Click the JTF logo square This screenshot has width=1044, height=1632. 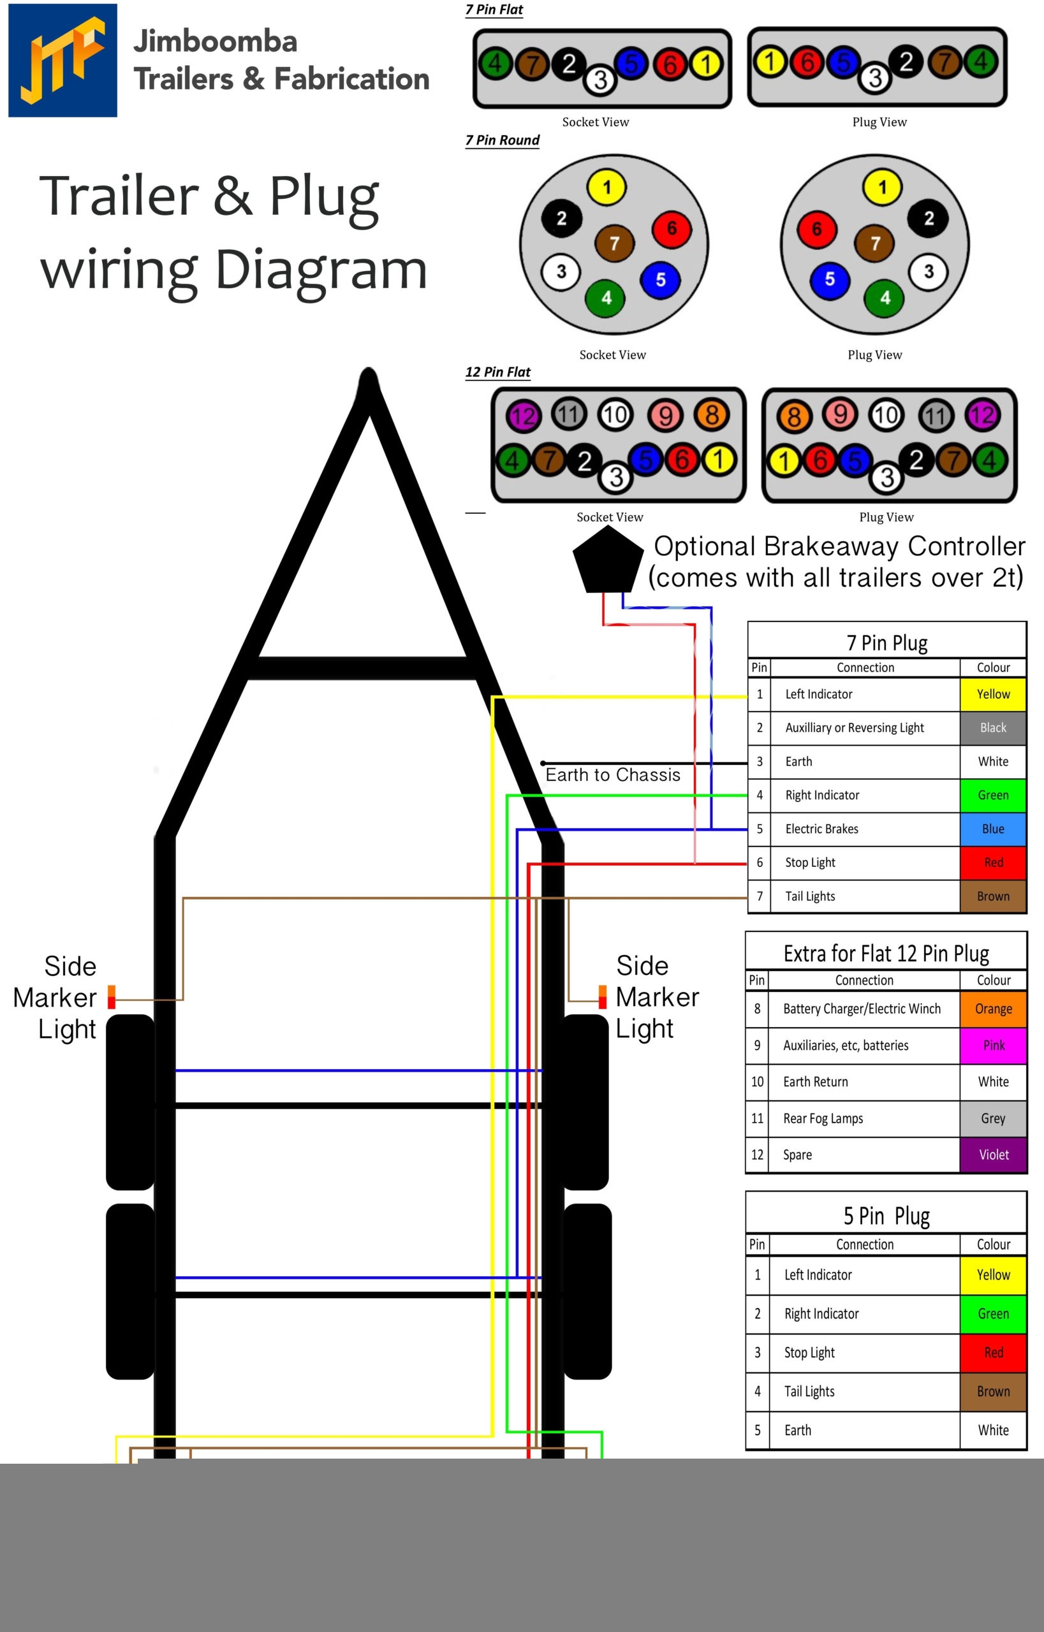62,61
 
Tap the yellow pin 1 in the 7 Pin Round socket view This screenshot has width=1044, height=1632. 607,187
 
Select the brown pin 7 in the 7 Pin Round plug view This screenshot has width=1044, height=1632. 874,244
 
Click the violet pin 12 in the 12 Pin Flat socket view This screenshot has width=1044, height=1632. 524,416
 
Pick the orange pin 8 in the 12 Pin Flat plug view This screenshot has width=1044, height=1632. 794,416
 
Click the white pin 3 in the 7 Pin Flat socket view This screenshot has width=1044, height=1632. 600,80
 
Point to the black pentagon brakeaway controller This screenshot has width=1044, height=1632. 607,560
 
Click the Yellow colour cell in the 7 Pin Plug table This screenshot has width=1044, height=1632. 992,694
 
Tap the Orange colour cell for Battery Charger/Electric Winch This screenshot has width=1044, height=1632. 992,1009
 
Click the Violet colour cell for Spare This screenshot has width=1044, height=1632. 992,1154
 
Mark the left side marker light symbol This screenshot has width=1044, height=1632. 112,997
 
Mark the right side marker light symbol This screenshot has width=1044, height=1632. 602,997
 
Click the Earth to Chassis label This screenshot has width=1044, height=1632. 613,775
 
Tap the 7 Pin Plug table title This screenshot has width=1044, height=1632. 886,643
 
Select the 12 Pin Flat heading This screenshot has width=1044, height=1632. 497,372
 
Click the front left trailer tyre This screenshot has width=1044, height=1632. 131,1102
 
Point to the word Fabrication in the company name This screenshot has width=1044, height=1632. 352,78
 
